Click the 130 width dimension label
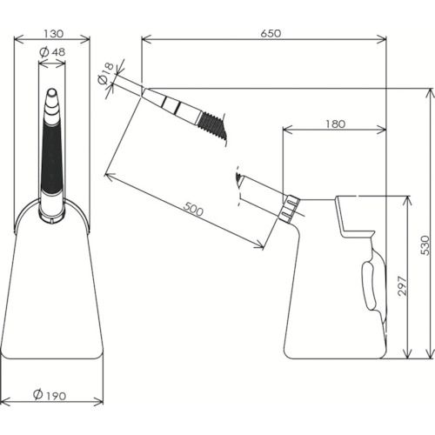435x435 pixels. point(53,34)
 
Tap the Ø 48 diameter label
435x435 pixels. point(52,52)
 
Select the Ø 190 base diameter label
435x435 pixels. point(50,395)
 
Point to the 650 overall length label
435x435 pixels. point(271,33)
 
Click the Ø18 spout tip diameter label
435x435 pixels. point(105,73)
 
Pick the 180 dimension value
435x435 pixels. point(335,124)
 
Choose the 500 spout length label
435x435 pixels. point(193,210)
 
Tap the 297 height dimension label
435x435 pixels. point(403,285)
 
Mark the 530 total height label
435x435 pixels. point(425,245)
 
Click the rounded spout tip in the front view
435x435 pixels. point(52,92)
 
